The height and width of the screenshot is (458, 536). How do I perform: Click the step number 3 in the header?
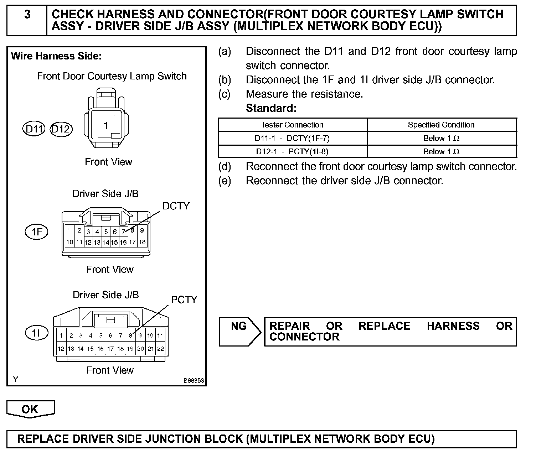tap(27, 15)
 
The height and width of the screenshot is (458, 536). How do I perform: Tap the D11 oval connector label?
tap(34, 129)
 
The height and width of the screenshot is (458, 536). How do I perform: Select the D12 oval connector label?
tap(61, 129)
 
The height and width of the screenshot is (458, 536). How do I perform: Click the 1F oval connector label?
tap(36, 232)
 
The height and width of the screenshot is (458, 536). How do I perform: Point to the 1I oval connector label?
tap(36, 333)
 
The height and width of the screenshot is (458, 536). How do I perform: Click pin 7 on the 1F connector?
tap(123, 231)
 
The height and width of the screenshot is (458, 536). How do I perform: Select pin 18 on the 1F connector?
tap(142, 242)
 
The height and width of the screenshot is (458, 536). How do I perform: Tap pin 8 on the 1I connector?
tap(130, 335)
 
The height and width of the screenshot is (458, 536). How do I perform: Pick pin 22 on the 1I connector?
tap(160, 349)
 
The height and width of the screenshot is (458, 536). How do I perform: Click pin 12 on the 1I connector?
tap(61, 349)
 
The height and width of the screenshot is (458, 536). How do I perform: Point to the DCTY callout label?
tap(176, 206)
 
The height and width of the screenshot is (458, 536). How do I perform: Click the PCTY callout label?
tap(184, 300)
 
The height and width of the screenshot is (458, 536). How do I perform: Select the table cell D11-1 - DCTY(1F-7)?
tap(292, 138)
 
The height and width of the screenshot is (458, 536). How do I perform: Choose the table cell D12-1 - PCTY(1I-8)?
tap(292, 151)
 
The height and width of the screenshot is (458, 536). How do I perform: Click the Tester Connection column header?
tap(292, 125)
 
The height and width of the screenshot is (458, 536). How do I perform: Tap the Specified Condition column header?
tap(441, 125)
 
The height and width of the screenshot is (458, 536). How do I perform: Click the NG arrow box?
tap(239, 332)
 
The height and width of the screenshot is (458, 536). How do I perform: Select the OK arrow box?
tap(30, 409)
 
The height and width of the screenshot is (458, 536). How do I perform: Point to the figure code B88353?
tap(194, 381)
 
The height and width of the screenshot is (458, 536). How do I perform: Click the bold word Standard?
tap(271, 108)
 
